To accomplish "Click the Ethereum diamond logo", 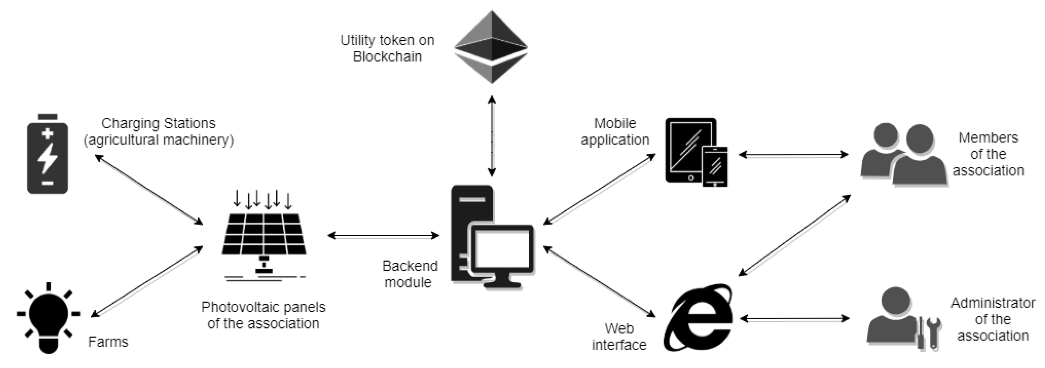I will (491, 47).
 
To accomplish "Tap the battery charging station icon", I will (47, 154).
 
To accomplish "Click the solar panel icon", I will (264, 235).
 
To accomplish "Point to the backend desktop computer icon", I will (492, 237).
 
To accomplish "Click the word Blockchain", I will (388, 57).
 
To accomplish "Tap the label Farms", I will (108, 342).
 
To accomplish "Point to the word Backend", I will (410, 266).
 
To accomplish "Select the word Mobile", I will (615, 123).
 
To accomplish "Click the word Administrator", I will (993, 303).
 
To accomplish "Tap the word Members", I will (988, 138).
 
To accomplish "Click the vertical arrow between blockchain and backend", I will (492, 136).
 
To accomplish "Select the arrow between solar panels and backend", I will (383, 235).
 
